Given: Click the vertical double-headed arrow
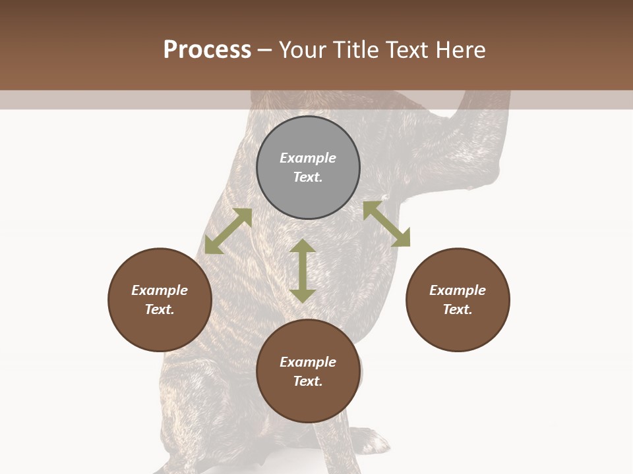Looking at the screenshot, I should tap(303, 271).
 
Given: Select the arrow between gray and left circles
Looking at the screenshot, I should tap(228, 231).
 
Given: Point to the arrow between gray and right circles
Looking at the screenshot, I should tap(386, 224).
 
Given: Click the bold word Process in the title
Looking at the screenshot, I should tap(207, 50).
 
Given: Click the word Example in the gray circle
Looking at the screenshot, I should tap(308, 158).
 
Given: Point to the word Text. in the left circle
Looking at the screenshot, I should tap(160, 309).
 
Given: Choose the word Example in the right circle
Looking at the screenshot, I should tap(458, 290).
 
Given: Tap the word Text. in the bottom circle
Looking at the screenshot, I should tap(308, 381).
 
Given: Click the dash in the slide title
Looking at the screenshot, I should tap(265, 50).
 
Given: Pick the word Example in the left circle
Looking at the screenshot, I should tap(160, 290).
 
